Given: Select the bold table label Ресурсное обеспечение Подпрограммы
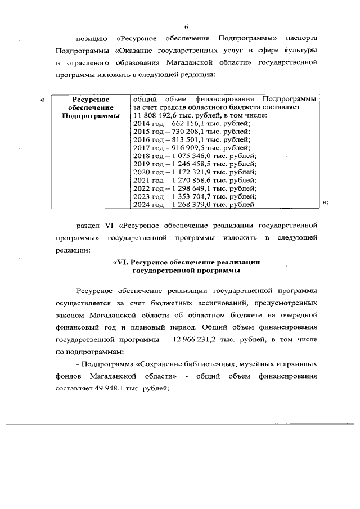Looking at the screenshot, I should (x=91, y=107).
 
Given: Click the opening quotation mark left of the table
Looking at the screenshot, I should (x=43, y=100).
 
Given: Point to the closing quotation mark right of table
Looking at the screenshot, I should (x=325, y=203).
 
